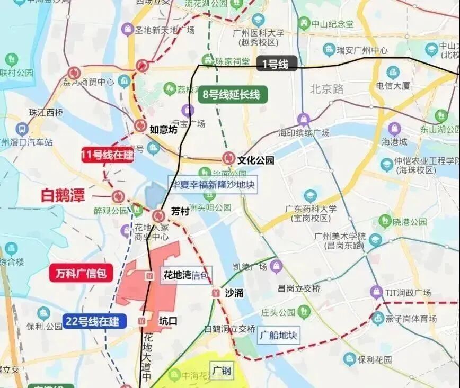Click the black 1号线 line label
[x=276, y=65]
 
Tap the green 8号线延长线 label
[x=232, y=95]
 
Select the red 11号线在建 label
[x=107, y=155]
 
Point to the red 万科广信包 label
[x=81, y=273]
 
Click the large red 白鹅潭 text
[x=63, y=195]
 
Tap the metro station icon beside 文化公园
[x=229, y=158]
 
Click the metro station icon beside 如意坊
[x=140, y=126]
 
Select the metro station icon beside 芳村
[x=158, y=216]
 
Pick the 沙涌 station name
[x=234, y=293]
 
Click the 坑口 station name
[x=168, y=321]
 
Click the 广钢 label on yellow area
[x=222, y=371]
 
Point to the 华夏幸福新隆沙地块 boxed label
[x=213, y=185]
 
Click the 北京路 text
[x=324, y=88]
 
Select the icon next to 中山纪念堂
[x=304, y=23]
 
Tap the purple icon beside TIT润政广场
[x=376, y=292]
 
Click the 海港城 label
[x=395, y=142]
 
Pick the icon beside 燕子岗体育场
[x=378, y=318]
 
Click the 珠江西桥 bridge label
[x=46, y=112]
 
